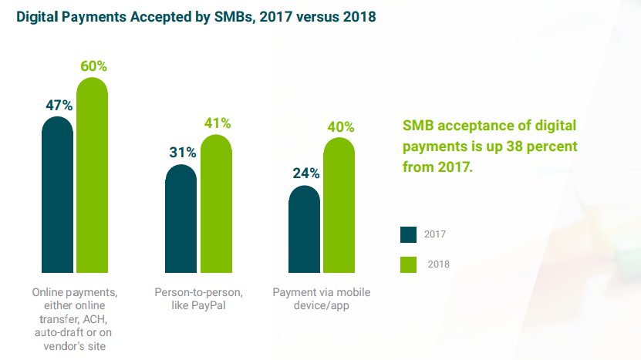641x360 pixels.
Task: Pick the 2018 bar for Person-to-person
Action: pos(215,204)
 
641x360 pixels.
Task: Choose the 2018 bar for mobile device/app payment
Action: pos(339,204)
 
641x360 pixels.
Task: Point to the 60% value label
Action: pos(93,66)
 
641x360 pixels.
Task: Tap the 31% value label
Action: pos(183,153)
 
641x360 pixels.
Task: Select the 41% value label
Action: pos(217,123)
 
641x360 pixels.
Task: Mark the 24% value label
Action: pos(305,173)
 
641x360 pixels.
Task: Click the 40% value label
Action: pos(340,126)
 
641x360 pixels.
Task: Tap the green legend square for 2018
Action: pos(408,264)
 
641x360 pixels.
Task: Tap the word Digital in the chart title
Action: pos(37,16)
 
